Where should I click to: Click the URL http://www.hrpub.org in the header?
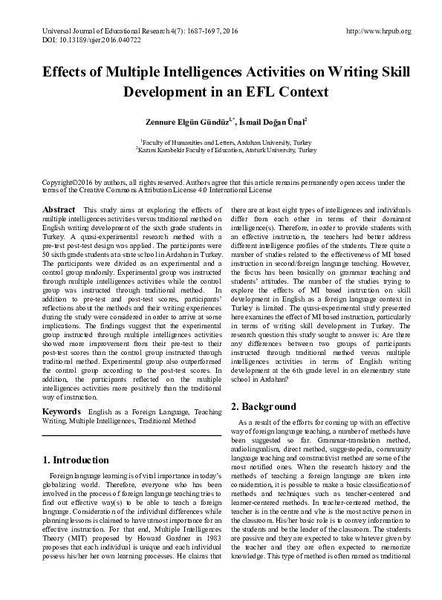(x=379, y=31)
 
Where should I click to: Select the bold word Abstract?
(x=59, y=210)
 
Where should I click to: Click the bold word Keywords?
(x=62, y=410)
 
